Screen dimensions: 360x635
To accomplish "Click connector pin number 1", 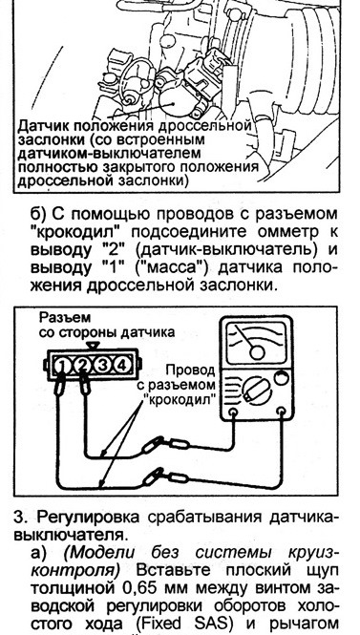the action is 62,367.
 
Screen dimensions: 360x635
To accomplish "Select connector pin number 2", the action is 83,366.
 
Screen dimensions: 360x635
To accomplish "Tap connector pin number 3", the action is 102,366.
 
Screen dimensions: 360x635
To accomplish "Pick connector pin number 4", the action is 121,366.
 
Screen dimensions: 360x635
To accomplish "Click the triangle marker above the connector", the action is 94,346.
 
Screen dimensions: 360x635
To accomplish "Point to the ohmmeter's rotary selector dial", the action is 256,392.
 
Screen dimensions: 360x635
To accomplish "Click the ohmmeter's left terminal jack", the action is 233,412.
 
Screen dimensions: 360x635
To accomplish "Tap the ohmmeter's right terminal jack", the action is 281,412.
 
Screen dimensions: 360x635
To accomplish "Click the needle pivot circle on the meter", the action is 257,351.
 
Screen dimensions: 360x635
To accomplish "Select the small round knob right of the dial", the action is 280,377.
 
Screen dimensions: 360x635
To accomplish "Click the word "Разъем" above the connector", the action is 65,317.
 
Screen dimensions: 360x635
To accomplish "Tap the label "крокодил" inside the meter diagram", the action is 181,399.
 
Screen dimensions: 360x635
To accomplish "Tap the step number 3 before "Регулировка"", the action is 21,518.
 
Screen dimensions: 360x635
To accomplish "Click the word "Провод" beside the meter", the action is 190,370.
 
